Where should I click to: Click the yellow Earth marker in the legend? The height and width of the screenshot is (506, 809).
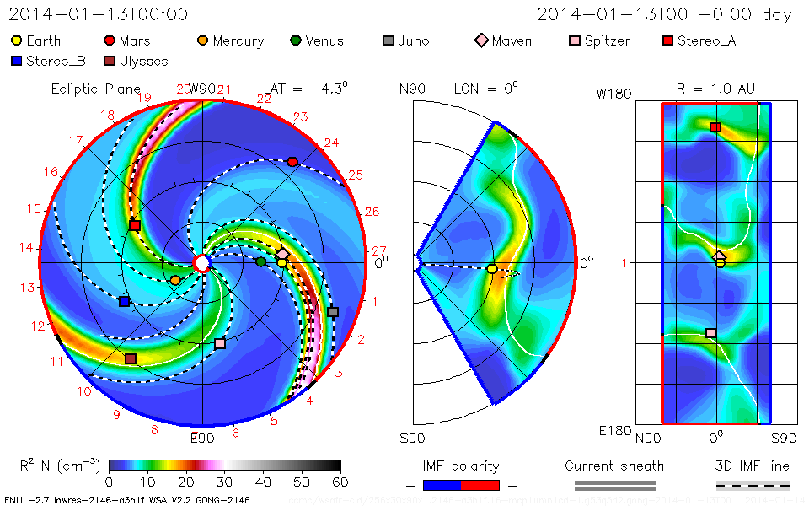tap(17, 40)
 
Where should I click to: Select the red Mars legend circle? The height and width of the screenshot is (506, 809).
tap(110, 40)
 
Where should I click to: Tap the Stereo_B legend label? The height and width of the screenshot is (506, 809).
tap(56, 61)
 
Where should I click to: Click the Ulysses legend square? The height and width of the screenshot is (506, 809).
tap(110, 61)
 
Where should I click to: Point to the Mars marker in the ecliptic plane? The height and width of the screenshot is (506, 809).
tap(292, 161)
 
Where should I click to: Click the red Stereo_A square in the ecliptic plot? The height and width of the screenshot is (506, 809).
tap(135, 225)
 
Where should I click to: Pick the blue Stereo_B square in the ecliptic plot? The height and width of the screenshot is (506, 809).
tap(124, 301)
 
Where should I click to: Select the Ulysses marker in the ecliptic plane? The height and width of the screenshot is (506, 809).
tap(131, 358)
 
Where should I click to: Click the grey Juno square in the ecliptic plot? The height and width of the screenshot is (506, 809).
tap(332, 312)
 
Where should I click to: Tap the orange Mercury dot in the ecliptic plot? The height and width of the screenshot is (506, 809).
tap(175, 280)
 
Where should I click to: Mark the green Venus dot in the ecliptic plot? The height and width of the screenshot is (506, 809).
tap(260, 262)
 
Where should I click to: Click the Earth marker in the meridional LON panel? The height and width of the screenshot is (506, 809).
tap(492, 269)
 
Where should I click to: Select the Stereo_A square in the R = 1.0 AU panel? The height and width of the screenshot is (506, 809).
tap(715, 127)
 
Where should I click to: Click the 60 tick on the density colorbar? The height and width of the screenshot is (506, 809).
tap(340, 482)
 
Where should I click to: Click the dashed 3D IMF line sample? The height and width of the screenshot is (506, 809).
tap(753, 485)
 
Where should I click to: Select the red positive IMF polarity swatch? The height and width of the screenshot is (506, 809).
tap(480, 485)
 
